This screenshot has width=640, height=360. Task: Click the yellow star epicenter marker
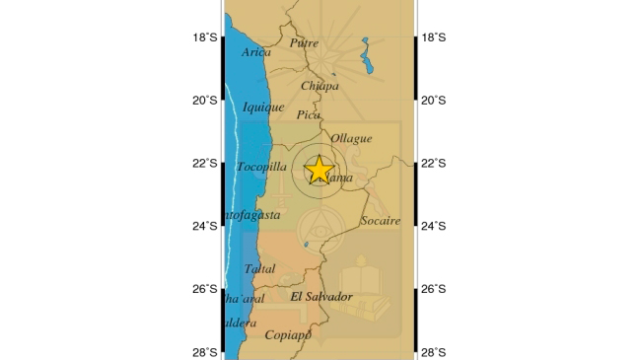(x=320, y=170)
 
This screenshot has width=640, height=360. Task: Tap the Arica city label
(x=255, y=52)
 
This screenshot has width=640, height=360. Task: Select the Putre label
(x=305, y=42)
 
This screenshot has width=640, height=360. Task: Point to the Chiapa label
(x=320, y=86)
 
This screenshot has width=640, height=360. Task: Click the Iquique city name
(x=263, y=107)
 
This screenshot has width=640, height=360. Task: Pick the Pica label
(x=308, y=115)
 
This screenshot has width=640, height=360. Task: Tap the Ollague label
(x=352, y=138)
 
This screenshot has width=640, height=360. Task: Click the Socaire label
(x=381, y=221)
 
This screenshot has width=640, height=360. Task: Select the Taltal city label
(x=260, y=268)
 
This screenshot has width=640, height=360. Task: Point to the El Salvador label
(x=321, y=296)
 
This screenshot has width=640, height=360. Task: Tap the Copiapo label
(x=288, y=335)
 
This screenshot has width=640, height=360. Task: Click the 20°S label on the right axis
(x=434, y=100)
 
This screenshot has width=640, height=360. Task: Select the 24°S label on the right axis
(x=434, y=226)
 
